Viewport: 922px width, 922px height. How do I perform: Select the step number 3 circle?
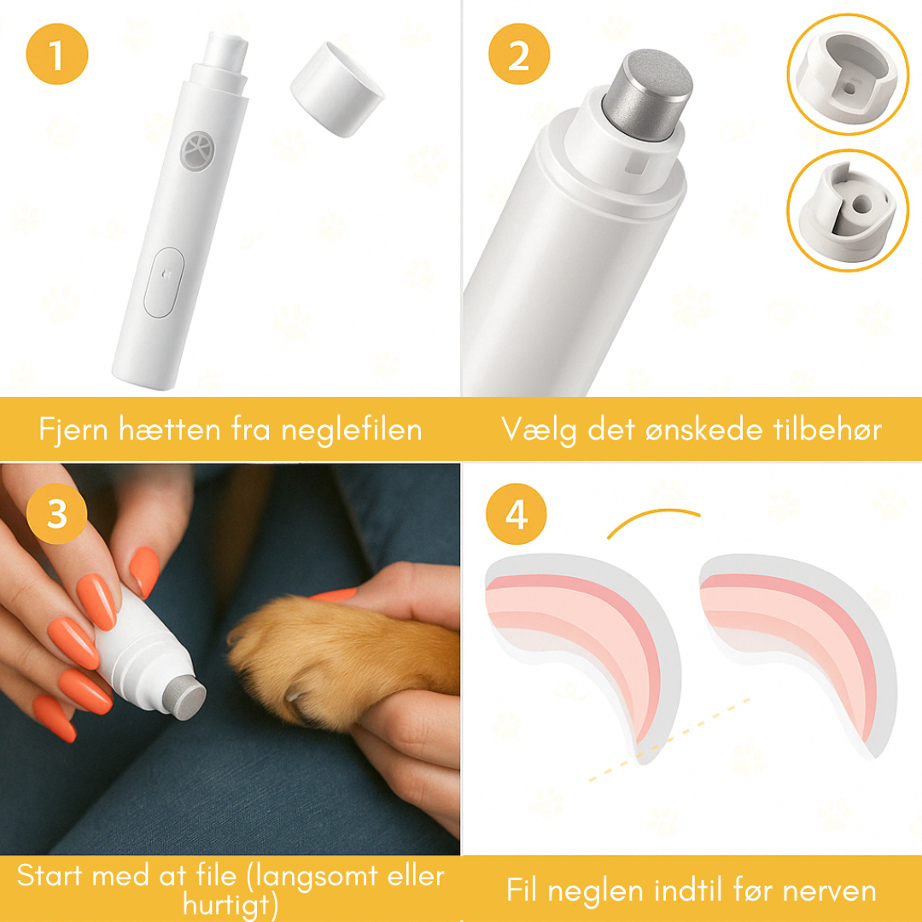(x=57, y=515)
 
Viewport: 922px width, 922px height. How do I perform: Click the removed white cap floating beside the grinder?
(x=336, y=90)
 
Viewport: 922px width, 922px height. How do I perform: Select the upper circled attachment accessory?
(x=848, y=73)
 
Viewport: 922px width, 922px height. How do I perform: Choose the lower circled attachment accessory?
(x=846, y=210)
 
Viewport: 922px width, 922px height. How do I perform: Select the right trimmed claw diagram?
(x=798, y=640)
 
